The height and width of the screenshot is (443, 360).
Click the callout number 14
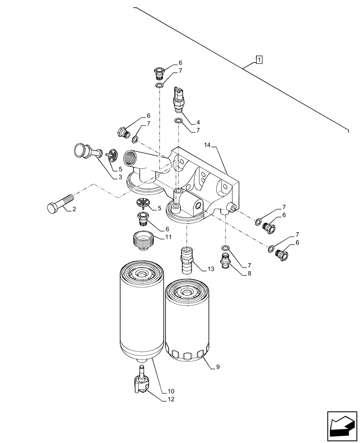tap(208, 145)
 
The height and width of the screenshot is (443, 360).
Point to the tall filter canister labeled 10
tap(141, 310)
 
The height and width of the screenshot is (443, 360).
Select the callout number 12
tap(171, 399)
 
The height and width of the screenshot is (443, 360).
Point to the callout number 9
tap(218, 367)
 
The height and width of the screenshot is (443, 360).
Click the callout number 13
tap(210, 268)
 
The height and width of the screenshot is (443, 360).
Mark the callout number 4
tap(198, 122)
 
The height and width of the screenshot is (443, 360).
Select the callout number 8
tap(250, 274)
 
